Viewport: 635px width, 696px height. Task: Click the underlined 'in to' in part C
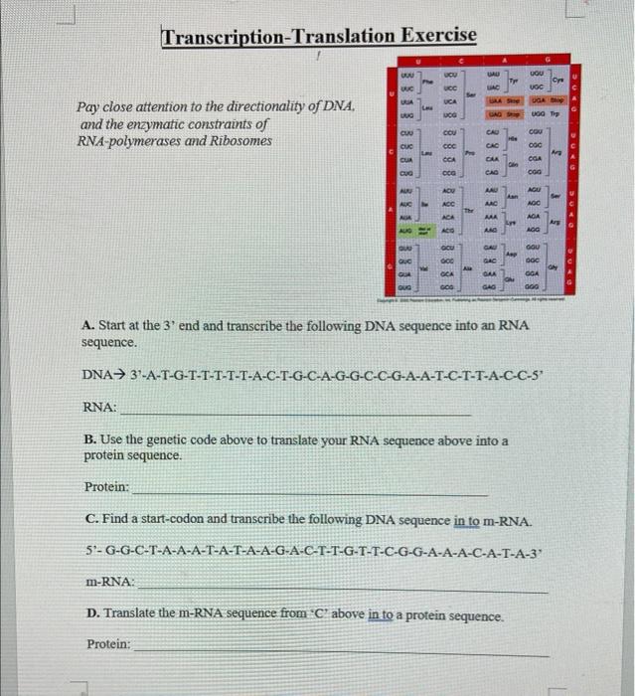[x=470, y=520]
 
